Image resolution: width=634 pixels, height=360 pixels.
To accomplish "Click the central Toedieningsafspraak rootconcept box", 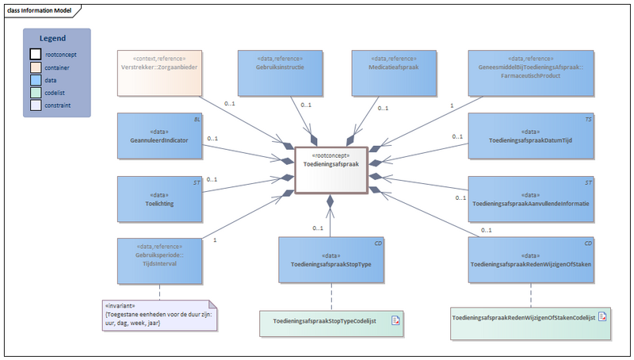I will [x=330, y=170].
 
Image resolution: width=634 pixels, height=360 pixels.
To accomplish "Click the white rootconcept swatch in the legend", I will [x=36, y=55].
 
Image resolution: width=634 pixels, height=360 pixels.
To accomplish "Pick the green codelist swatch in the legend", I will [x=36, y=92].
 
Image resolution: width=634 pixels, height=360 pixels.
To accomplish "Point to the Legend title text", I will [x=53, y=38].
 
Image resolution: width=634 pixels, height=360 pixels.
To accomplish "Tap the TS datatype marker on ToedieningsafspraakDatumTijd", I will [x=588, y=118].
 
